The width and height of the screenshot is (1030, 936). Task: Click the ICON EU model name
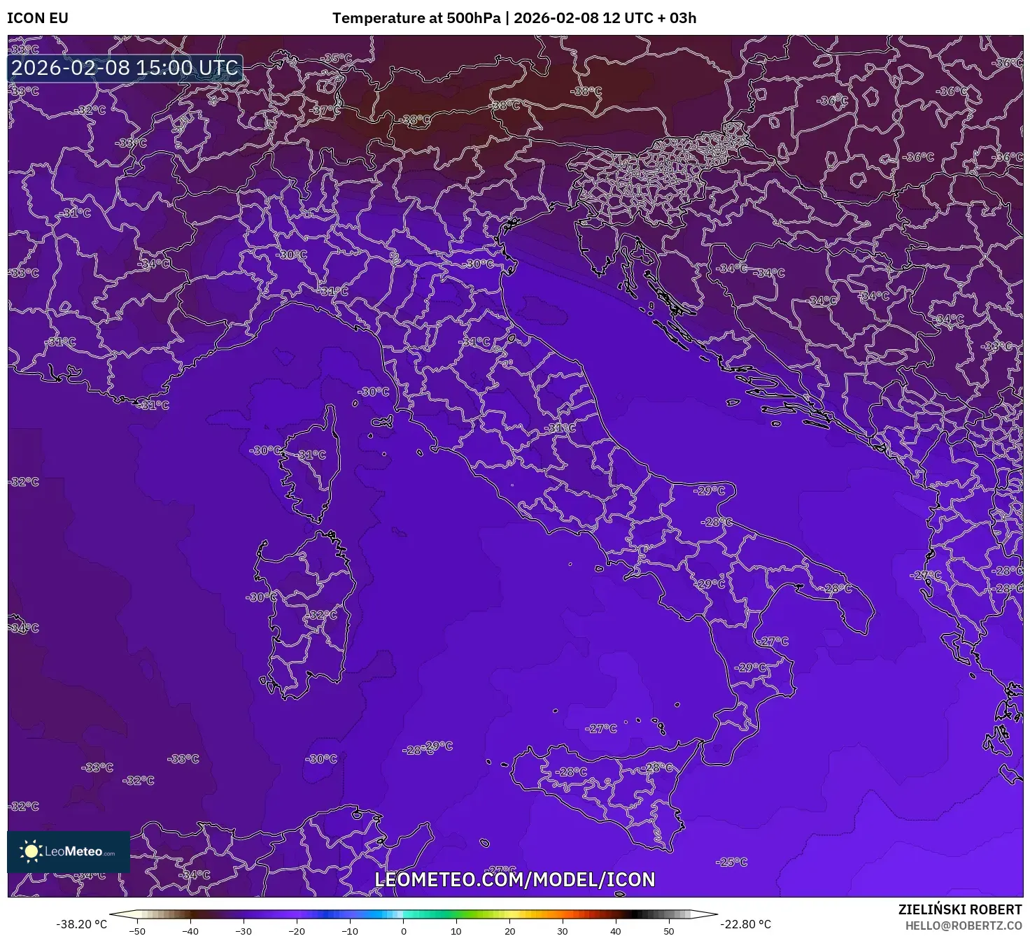(x=38, y=18)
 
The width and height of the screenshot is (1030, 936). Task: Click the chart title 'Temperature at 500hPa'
(x=416, y=18)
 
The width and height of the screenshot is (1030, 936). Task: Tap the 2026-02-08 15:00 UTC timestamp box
(x=125, y=69)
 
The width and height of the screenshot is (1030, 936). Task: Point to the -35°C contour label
(x=339, y=59)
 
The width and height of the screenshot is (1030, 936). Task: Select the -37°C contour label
(x=326, y=111)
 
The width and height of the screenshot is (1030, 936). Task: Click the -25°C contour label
(x=733, y=862)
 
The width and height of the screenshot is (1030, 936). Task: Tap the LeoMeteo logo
(x=69, y=851)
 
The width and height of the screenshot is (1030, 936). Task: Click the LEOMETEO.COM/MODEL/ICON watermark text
(x=515, y=879)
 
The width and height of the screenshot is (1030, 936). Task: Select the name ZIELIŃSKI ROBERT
(x=960, y=909)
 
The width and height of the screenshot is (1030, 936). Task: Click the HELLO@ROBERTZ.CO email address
(x=964, y=926)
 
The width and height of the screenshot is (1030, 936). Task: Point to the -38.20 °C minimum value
(x=82, y=924)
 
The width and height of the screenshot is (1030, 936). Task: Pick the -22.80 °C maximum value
(x=746, y=924)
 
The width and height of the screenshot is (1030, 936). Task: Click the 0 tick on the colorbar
(x=404, y=930)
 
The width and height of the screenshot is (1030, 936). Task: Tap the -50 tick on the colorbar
(x=138, y=930)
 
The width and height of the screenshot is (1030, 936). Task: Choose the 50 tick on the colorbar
(x=669, y=930)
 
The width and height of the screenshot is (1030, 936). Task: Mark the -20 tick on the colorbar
(x=297, y=930)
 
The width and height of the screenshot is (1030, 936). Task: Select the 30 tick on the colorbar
(x=563, y=930)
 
